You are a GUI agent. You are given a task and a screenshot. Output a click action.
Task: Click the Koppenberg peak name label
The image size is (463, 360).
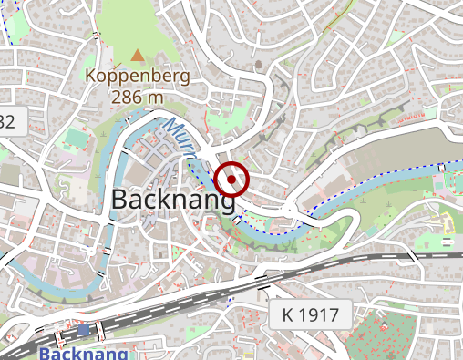pos(138,77)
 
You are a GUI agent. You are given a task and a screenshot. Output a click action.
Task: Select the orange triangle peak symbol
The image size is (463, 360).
pos(138,56)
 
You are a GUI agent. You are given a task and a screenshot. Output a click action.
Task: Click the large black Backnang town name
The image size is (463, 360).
pos(173,201)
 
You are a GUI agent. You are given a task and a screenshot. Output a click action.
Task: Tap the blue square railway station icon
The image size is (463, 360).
pos(84,330)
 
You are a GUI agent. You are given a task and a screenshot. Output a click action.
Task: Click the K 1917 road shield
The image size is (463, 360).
pos(310,316)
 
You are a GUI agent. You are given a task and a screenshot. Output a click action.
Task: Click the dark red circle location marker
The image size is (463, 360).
pos(233,180)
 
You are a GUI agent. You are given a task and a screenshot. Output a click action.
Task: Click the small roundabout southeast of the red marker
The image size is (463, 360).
pos(289,210)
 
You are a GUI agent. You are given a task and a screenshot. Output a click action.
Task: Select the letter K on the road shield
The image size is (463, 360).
pos(289,316)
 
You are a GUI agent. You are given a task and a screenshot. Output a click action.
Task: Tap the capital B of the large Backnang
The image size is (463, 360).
pos(120,201)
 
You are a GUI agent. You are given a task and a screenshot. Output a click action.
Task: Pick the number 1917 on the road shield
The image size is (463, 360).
pos(318,316)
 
